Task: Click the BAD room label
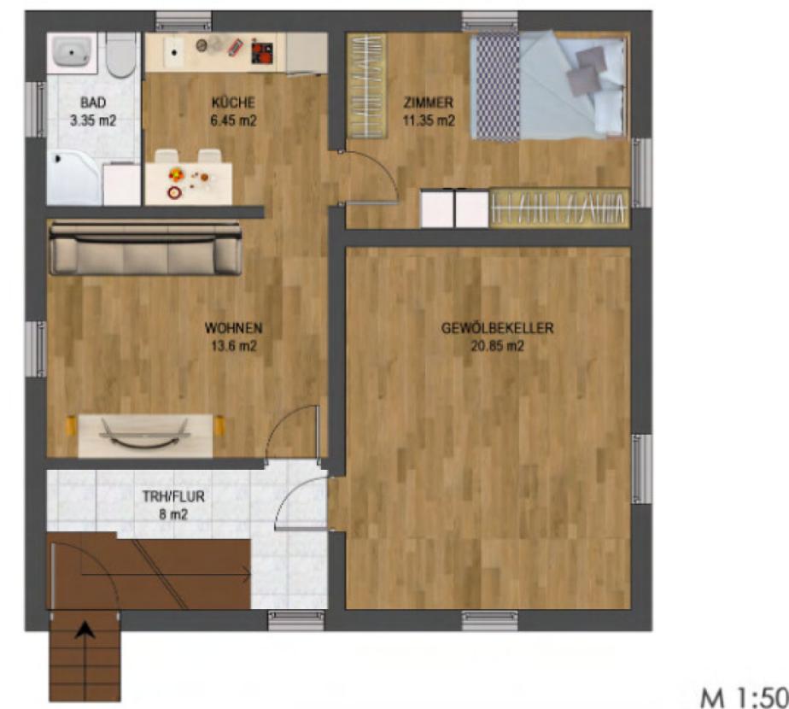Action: (93, 103)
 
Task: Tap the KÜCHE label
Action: (233, 103)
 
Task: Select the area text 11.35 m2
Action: (429, 120)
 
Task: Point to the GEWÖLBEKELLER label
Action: (497, 328)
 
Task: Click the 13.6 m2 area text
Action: (233, 347)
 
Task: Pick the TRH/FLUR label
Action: (173, 496)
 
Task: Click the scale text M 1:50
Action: (745, 698)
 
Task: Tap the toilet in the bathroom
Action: (121, 56)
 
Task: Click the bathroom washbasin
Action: (72, 52)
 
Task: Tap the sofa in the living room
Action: (145, 249)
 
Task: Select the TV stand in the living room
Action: (145, 436)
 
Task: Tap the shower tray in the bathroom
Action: (74, 178)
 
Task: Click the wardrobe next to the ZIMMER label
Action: (366, 85)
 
